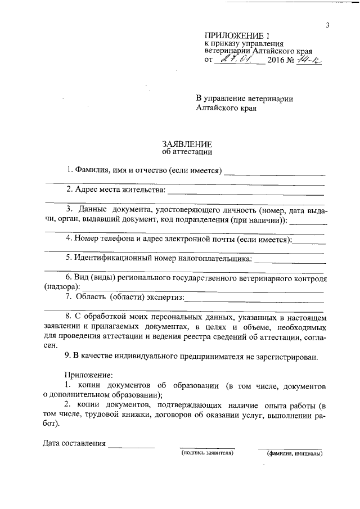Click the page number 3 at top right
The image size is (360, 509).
[x=326, y=25]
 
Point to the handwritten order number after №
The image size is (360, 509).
[x=309, y=59]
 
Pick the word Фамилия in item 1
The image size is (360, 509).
[x=92, y=170]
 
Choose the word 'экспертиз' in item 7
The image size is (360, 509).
[x=165, y=297]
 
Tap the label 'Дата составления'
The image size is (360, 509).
[x=74, y=443]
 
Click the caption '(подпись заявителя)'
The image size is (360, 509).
[x=206, y=452]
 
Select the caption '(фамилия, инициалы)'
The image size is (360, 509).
[x=294, y=453]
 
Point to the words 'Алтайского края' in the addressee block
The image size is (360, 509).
[x=226, y=109]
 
